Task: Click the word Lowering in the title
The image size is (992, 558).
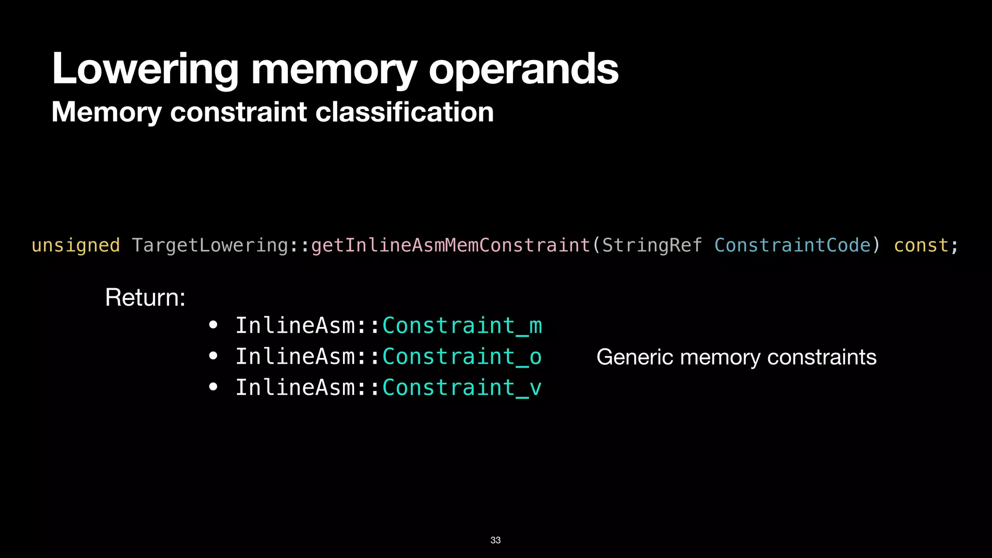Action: [x=145, y=69]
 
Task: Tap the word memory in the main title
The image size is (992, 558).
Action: [x=334, y=69]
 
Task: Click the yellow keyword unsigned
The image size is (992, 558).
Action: [x=76, y=245]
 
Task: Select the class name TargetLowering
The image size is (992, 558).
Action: [x=210, y=245]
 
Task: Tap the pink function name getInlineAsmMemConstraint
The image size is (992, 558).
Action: [x=450, y=245]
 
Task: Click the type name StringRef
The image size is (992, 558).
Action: [x=652, y=245]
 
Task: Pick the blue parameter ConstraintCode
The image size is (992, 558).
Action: [x=792, y=245]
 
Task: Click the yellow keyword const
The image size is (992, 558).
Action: [x=921, y=245]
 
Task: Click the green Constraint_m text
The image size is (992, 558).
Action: [x=462, y=325]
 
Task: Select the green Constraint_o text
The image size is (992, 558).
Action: [x=462, y=356]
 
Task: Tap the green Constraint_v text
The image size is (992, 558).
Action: [x=462, y=387]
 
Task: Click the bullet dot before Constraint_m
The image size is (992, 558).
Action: [x=213, y=325]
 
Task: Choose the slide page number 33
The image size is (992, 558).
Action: [x=496, y=540]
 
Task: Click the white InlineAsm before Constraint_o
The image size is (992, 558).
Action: [x=295, y=356]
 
